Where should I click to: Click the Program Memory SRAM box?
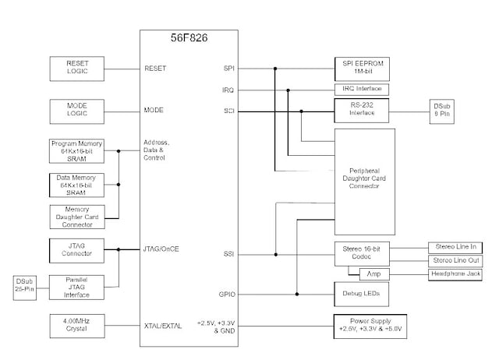coord(76,151)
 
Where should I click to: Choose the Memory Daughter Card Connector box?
coord(76,216)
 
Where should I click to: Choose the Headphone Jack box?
coord(455,274)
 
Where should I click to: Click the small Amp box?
coord(373,274)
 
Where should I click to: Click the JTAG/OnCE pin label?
coord(162,249)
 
